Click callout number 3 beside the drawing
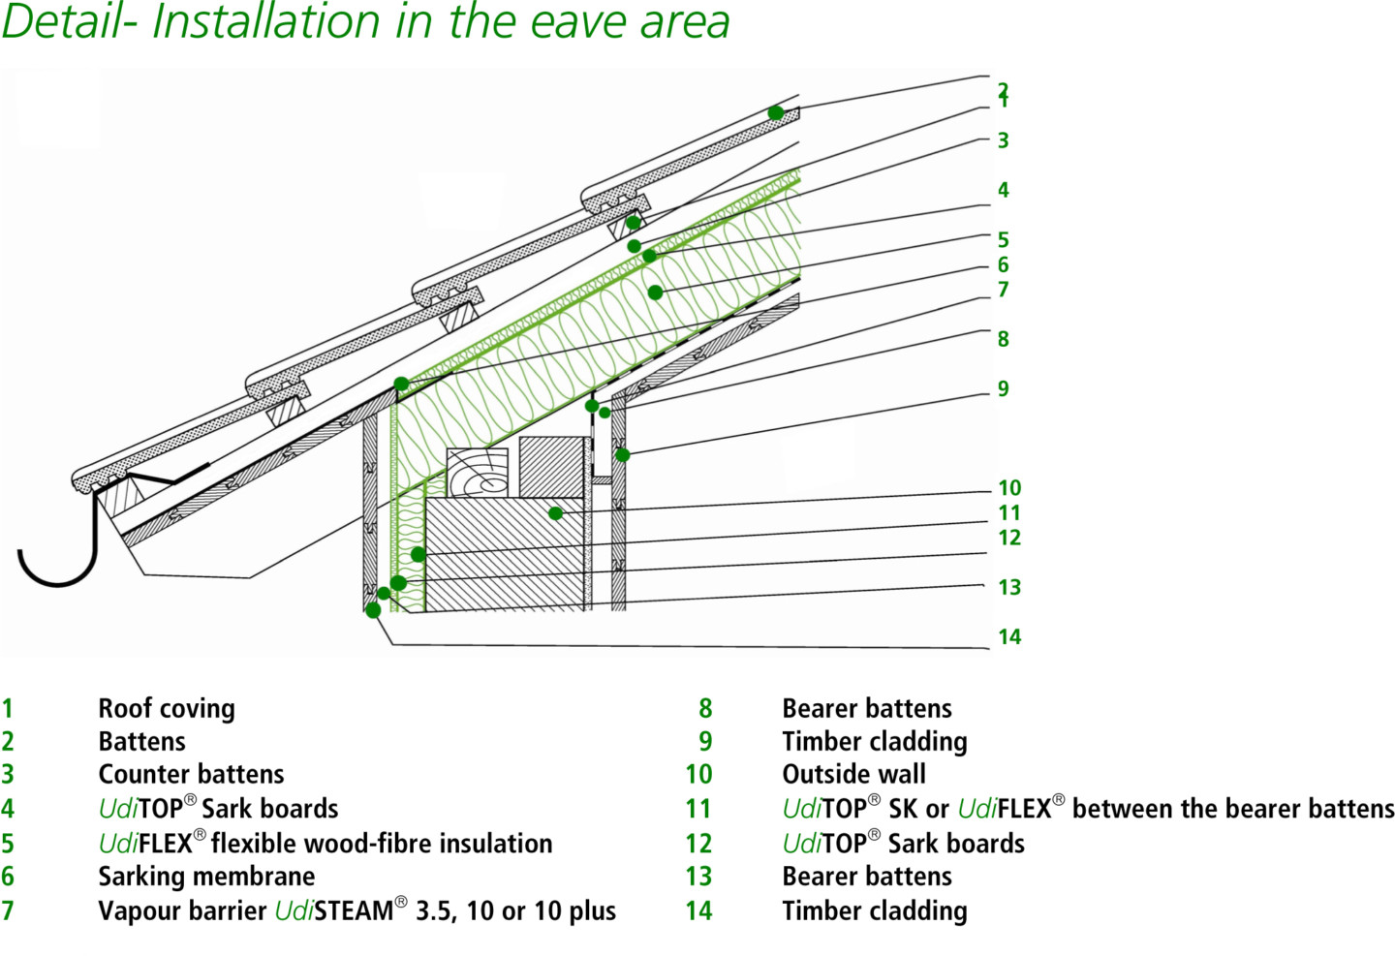tap(1003, 140)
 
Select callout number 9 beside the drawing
tap(1003, 388)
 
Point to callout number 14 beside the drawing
tap(1008, 636)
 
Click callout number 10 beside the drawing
tap(1008, 488)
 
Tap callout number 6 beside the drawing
tap(1003, 264)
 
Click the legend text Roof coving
tap(167, 709)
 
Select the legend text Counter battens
tap(191, 775)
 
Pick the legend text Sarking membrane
tap(206, 877)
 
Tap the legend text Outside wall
tap(853, 775)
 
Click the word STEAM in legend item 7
tap(353, 910)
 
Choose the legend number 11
tap(697, 809)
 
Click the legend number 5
tap(8, 843)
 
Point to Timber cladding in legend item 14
tap(874, 910)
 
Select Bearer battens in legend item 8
tap(866, 709)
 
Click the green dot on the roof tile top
tap(775, 113)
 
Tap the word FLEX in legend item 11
tap(1024, 809)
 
